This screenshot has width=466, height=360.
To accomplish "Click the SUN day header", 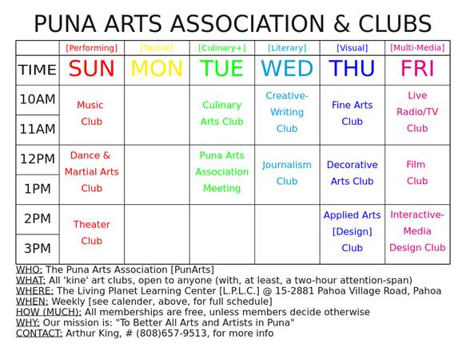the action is (x=91, y=69).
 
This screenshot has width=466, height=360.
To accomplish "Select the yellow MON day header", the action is (x=157, y=69).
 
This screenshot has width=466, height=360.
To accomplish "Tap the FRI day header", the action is (x=417, y=69).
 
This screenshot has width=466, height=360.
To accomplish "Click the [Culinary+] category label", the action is (x=221, y=48).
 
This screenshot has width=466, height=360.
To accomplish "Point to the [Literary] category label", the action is (x=287, y=48).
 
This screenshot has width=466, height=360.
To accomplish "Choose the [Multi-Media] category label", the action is (x=417, y=48).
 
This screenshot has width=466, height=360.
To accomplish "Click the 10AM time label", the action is (x=38, y=100).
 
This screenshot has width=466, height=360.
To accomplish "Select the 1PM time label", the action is (x=38, y=189).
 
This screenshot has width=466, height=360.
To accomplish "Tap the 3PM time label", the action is (x=38, y=248).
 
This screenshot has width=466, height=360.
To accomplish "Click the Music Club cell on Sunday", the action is (x=91, y=114).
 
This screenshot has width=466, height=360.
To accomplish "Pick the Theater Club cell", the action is (x=91, y=233).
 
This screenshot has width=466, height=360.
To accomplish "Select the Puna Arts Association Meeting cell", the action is (x=221, y=172).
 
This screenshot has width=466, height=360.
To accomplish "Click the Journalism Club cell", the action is (x=287, y=173).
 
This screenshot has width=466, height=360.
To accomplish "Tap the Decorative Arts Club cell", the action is (x=352, y=173).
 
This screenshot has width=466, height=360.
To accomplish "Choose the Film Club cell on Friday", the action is (x=417, y=173).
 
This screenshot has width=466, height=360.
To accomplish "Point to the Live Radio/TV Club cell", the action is (x=417, y=112).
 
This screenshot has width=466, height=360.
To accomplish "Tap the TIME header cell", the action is (x=38, y=70).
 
